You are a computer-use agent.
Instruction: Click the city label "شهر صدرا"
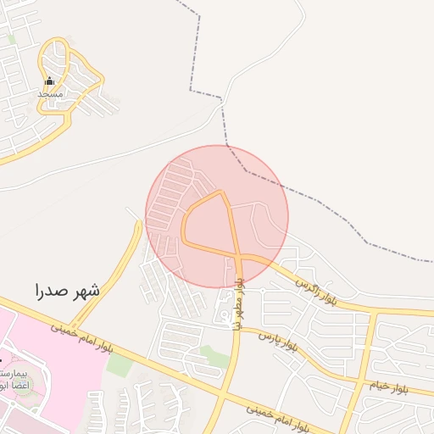[x=67, y=290]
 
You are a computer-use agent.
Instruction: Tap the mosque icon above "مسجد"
[x=49, y=81]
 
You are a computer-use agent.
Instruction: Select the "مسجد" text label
[x=49, y=94]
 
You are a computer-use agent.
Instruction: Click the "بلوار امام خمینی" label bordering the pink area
[x=81, y=337]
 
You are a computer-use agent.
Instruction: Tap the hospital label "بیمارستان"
[x=14, y=374]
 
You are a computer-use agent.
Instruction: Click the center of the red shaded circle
[x=217, y=216]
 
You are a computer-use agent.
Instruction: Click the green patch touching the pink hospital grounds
[x=120, y=365]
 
